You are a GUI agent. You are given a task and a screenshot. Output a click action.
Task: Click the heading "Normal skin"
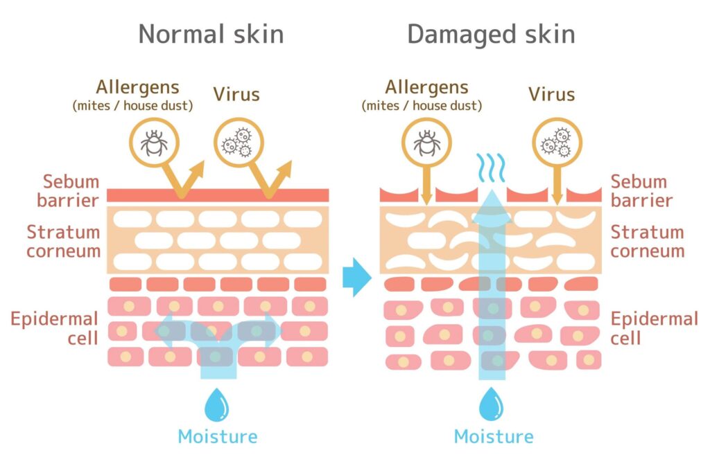(211, 34)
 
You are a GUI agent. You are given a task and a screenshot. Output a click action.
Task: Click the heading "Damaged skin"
(491, 34)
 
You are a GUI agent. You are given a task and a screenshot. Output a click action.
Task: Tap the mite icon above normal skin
(154, 143)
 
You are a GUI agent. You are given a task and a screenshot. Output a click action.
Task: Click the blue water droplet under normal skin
(216, 404)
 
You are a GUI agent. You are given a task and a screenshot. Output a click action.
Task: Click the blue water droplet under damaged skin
(493, 404)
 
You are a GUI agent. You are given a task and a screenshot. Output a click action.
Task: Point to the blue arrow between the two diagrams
(356, 278)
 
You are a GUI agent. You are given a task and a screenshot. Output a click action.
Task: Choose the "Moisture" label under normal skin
(217, 437)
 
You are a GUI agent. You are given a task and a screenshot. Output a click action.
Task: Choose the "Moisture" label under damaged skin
(494, 437)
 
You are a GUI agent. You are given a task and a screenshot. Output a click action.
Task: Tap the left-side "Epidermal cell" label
(53, 328)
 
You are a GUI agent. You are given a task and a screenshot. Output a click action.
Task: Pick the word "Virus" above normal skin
(236, 93)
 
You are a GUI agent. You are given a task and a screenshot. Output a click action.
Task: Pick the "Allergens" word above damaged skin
(426, 87)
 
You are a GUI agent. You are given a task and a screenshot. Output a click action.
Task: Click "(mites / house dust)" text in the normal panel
(133, 106)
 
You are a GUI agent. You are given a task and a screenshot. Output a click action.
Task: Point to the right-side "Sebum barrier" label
(641, 191)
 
